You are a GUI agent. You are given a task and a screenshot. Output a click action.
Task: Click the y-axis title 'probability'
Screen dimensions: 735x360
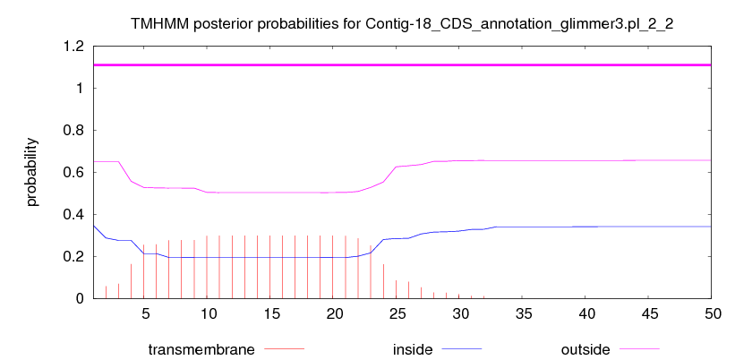click(x=32, y=172)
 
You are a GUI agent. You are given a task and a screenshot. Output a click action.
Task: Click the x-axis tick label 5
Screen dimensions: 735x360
click(x=146, y=313)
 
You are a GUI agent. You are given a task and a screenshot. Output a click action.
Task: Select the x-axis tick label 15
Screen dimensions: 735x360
click(x=270, y=313)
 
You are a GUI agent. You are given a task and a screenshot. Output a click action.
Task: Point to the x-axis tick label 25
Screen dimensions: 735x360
click(x=396, y=313)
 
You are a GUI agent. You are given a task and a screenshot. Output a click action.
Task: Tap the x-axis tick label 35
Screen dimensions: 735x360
click(x=522, y=313)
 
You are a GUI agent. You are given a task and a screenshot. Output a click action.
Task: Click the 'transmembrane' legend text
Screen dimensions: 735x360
click(x=201, y=349)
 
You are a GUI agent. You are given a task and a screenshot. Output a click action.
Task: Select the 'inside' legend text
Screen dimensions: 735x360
click(x=413, y=349)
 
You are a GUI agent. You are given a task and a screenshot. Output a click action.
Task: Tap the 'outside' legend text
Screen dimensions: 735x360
click(x=585, y=349)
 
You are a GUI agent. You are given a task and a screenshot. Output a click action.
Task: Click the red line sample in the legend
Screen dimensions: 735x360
click(x=285, y=349)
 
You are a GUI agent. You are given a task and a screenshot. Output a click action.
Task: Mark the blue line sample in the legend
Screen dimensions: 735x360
click(x=462, y=349)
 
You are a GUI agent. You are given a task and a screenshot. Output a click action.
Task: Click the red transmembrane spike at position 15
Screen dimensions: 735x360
click(x=270, y=267)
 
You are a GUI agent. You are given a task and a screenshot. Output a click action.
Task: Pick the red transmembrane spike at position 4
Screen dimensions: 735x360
click(x=132, y=281)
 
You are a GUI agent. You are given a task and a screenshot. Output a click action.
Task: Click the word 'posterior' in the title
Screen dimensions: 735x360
click(x=211, y=25)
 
